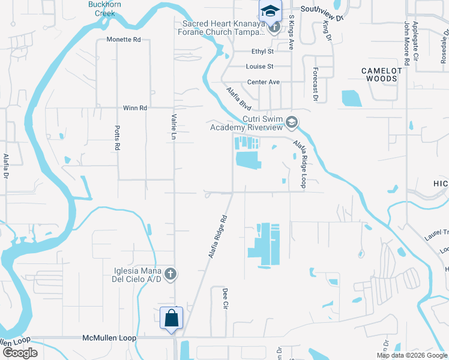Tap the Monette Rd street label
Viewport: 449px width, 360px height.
(123, 40)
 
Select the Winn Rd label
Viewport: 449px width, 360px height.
(134, 108)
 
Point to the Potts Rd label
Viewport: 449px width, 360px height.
(118, 138)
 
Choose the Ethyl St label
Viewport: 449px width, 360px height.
(262, 52)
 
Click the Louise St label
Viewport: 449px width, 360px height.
(259, 67)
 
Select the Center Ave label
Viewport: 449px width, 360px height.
(264, 82)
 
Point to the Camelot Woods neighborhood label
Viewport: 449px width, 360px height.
(380, 74)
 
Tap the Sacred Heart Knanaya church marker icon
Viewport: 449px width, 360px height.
(274, 27)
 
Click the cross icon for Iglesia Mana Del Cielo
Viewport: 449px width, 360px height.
(170, 274)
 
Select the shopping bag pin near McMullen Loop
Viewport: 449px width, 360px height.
(172, 317)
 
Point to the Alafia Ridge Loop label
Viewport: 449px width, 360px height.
(300, 164)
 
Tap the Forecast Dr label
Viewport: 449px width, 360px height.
(315, 81)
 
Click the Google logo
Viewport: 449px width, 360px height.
(20, 353)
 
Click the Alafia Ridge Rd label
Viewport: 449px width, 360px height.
(219, 236)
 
